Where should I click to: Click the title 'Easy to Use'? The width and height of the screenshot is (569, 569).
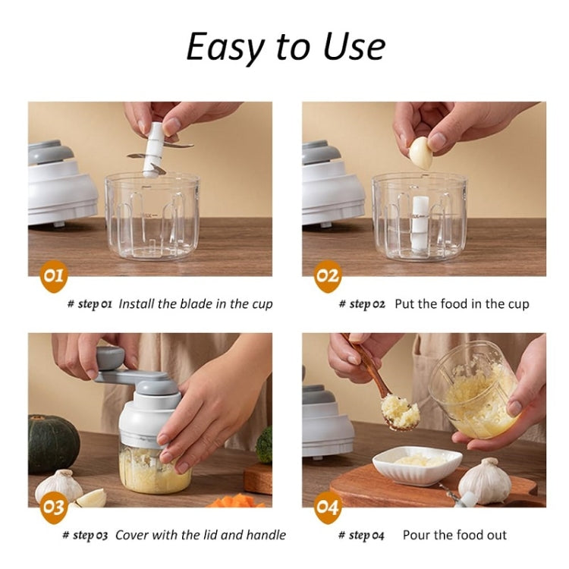[x=285, y=47]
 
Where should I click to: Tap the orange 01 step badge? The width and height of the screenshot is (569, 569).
[x=52, y=275]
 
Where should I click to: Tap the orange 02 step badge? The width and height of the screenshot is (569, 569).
[x=327, y=275]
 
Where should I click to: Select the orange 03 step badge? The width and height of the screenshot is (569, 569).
[x=52, y=507]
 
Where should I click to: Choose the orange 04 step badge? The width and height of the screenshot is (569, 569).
[x=327, y=507]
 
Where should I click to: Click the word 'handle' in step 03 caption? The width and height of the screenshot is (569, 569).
[x=266, y=535]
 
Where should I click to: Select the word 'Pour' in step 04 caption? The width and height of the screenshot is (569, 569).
[x=417, y=535]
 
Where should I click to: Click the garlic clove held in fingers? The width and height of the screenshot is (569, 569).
[x=421, y=152]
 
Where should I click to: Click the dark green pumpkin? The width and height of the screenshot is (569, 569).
[x=53, y=444]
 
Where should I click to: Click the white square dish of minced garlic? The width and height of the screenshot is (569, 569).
[x=417, y=464]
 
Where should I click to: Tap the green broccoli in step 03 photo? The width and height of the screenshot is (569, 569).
[x=264, y=445]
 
